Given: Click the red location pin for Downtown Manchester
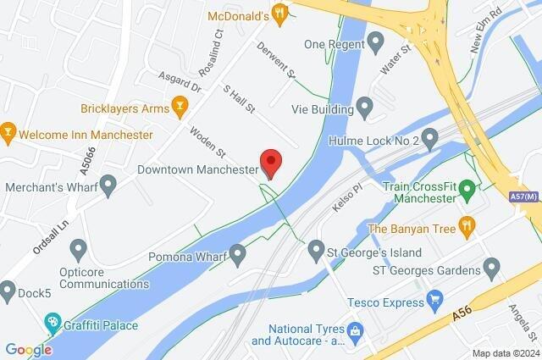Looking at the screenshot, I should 270,161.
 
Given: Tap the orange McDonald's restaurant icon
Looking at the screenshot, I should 279,12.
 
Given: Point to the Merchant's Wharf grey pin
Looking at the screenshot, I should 108,185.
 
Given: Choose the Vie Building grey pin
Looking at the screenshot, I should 365,108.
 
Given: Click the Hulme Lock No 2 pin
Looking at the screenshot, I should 429,137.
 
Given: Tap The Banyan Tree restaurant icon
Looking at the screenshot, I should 466,226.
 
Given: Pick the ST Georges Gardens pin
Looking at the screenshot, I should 490,270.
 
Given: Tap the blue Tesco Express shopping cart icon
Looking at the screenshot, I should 435,299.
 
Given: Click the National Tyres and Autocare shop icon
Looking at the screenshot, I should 355,330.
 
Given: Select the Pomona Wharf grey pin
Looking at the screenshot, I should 237,252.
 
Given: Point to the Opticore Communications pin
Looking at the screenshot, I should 79,249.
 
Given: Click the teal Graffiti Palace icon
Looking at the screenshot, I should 53,322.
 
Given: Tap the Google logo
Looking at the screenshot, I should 28,349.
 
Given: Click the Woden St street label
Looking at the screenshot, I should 207,141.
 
